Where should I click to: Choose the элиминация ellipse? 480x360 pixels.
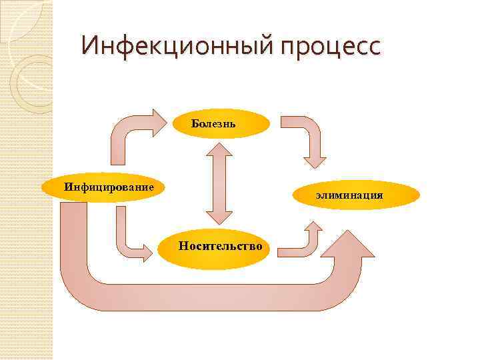click(x=360, y=195)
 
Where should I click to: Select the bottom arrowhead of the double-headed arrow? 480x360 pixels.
click(x=219, y=220)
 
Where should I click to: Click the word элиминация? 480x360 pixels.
click(x=349, y=195)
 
